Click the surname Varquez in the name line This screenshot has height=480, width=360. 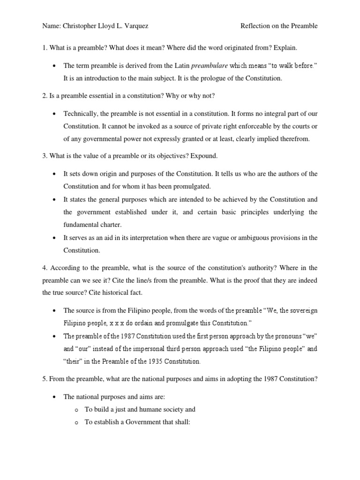[135, 26]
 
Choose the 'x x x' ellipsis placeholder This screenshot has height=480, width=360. [115, 323]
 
